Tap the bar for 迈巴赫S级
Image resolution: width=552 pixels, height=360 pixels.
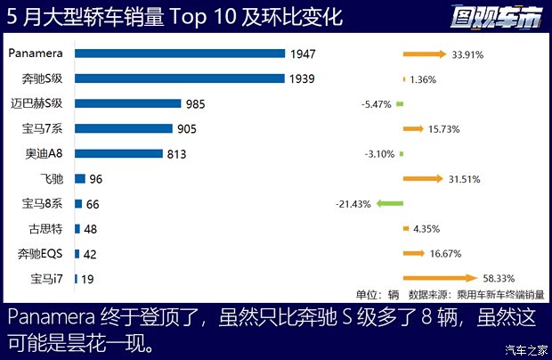point(128,103)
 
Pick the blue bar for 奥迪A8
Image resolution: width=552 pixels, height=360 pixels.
point(118,153)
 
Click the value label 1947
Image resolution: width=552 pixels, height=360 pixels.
point(303,54)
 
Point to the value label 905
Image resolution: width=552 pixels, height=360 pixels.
point(187,129)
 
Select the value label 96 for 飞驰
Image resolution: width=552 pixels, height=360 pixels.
point(97,179)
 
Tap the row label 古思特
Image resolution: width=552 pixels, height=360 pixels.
point(46,228)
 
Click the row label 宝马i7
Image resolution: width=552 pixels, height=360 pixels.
point(47,279)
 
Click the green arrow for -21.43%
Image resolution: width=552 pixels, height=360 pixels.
point(390,204)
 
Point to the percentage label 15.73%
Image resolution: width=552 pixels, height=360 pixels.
point(443,129)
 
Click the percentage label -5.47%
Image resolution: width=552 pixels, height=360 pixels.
point(377,104)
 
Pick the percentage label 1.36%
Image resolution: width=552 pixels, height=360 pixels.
point(424,79)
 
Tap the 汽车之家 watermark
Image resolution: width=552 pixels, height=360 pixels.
point(526,348)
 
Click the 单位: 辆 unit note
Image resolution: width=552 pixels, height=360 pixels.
point(377,293)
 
